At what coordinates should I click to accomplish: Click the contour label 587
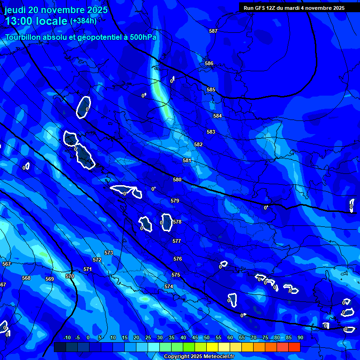213,31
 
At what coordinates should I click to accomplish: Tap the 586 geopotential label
209,63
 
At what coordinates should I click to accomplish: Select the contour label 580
177,180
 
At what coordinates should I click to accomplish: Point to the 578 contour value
177,222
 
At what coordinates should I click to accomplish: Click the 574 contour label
169,286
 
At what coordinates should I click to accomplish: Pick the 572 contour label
97,260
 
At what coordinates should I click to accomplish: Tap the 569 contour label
50,279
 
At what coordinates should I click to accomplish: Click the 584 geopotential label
217,116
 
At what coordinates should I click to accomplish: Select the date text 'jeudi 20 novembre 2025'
56,10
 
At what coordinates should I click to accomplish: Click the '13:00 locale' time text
37,21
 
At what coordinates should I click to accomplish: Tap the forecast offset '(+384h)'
83,21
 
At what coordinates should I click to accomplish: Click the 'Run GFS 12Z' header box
294,8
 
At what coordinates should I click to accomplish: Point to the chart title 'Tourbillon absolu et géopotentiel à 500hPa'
81,37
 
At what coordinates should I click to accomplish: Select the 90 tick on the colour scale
300,337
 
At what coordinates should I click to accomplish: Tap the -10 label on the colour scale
67,337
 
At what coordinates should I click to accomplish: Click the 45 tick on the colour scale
195,337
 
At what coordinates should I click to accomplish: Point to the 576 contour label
177,259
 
